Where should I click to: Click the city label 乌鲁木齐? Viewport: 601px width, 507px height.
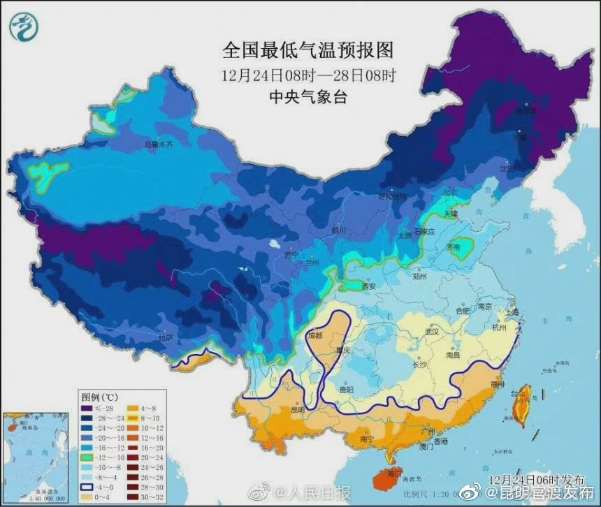[x=157, y=145]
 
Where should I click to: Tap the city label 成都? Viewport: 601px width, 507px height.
[x=316, y=336]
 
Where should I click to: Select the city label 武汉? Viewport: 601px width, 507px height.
[x=430, y=332]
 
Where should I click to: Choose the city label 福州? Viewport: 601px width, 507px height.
[x=498, y=384]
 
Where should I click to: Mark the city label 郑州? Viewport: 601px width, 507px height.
[x=419, y=277]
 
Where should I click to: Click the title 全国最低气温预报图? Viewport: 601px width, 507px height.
[x=308, y=50]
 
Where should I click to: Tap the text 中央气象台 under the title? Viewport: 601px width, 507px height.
[x=308, y=97]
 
